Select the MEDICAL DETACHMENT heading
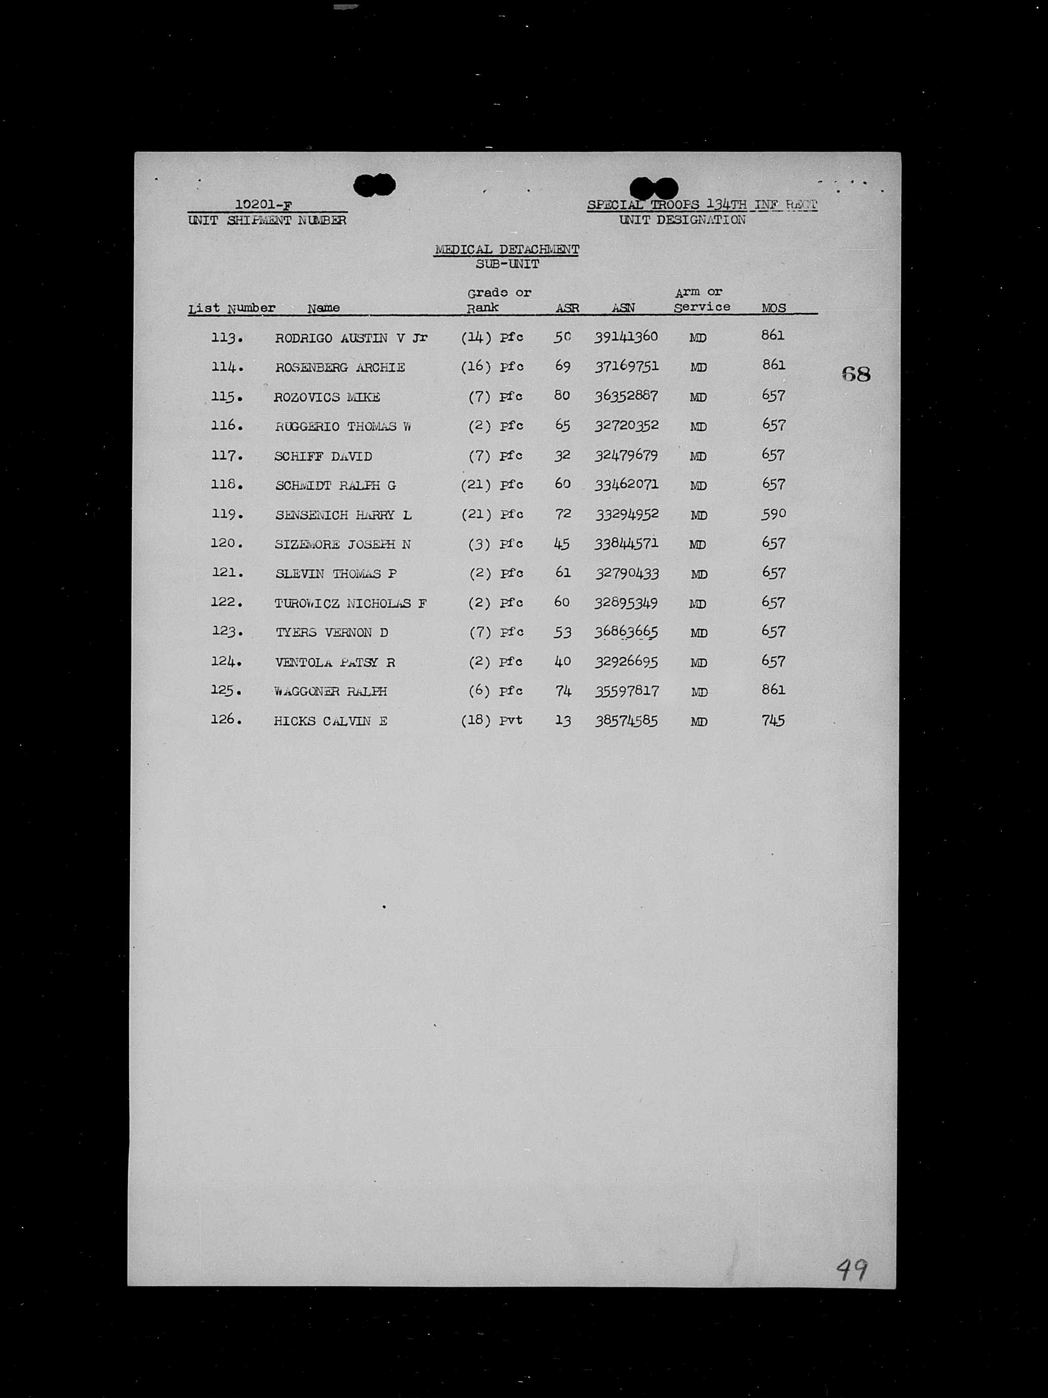[x=506, y=250]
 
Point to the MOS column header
[x=774, y=308]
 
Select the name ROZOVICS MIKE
[x=327, y=397]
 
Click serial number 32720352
[x=626, y=426]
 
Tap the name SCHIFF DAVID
[x=323, y=456]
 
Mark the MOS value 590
[x=773, y=514]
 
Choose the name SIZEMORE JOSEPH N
[x=342, y=544]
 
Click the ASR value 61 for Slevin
[x=563, y=573]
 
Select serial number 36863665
[x=626, y=632]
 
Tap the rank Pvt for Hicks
[x=511, y=720]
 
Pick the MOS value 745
[x=773, y=720]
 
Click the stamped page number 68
[x=856, y=374]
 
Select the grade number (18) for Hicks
[x=476, y=720]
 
